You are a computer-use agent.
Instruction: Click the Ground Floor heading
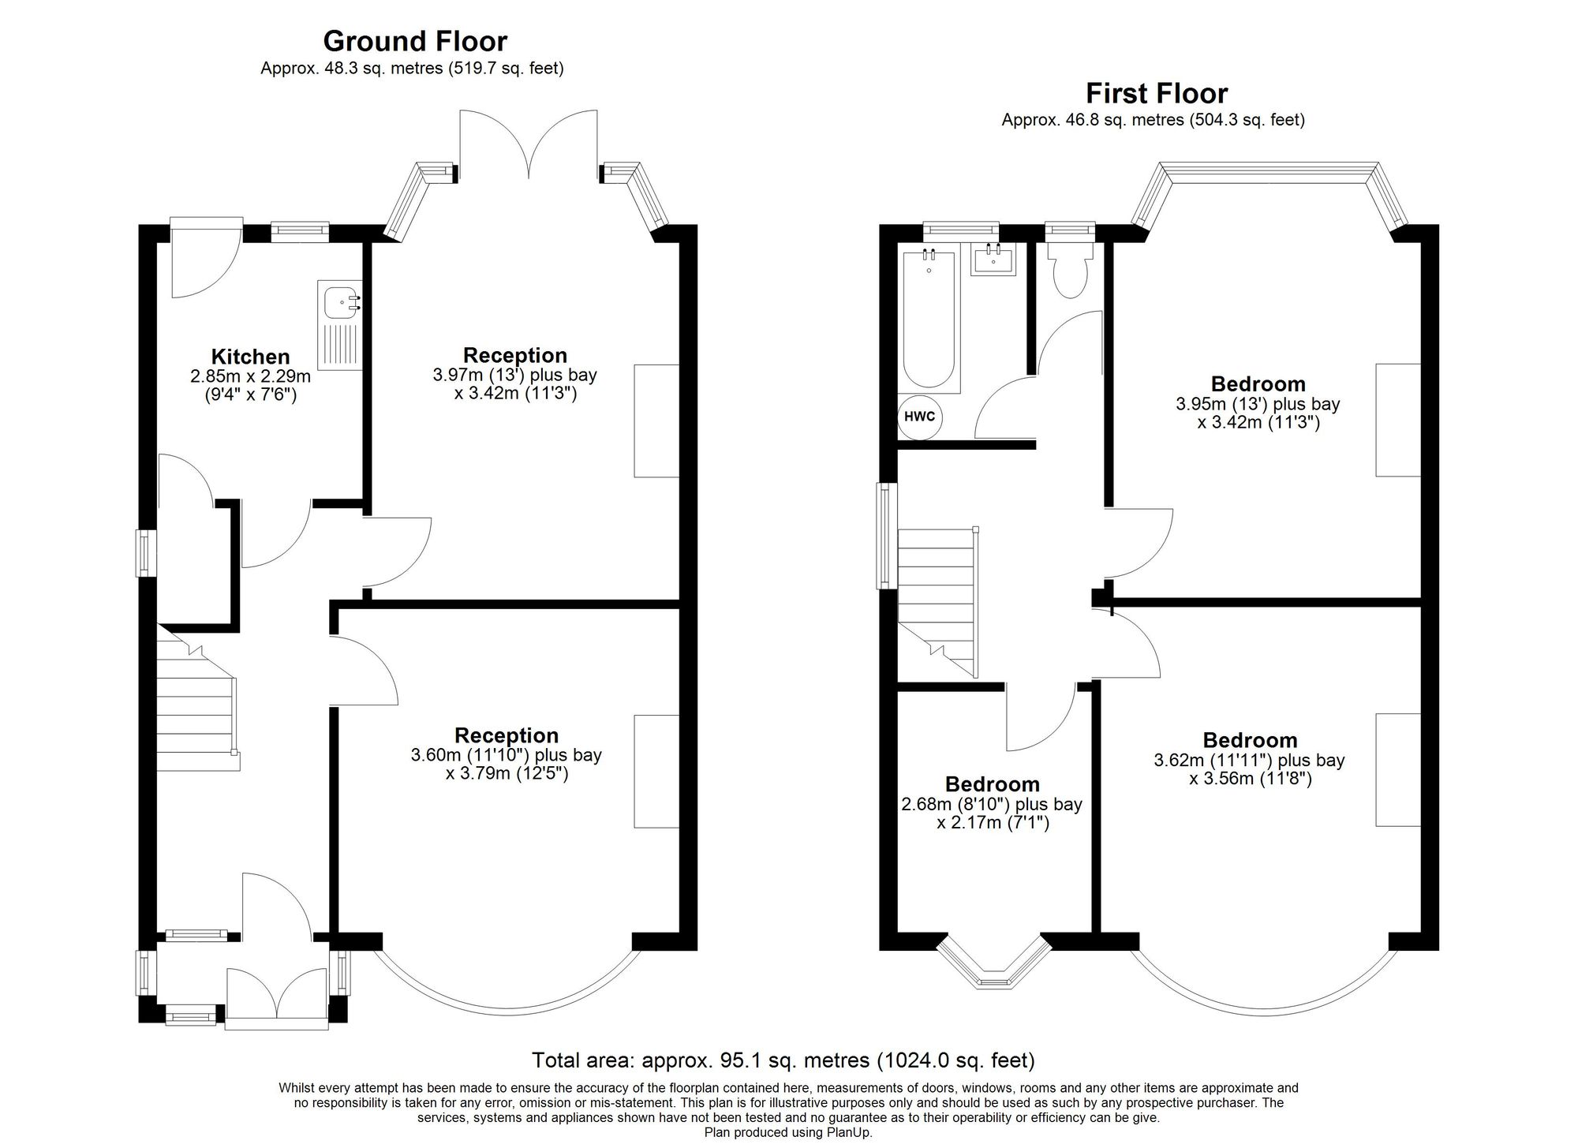click(415, 41)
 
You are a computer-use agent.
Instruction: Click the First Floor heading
click(1157, 94)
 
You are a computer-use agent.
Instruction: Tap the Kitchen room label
click(250, 357)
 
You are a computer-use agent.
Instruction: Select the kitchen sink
click(340, 325)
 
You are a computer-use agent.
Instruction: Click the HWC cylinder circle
click(920, 416)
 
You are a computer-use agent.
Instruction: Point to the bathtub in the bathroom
click(929, 318)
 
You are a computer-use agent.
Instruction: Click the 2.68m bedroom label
click(992, 804)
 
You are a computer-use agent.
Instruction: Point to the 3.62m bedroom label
click(1250, 760)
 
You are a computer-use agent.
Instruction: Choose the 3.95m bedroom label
click(1258, 403)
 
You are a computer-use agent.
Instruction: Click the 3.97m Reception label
click(515, 374)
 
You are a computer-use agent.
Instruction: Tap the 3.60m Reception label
click(507, 754)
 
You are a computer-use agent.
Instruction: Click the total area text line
click(783, 1060)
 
